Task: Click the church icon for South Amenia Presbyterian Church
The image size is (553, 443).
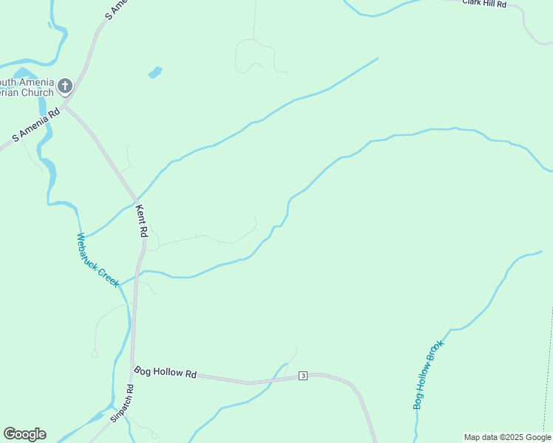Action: (x=65, y=86)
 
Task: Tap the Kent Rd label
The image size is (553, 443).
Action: (x=143, y=221)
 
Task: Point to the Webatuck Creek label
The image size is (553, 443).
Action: (x=98, y=260)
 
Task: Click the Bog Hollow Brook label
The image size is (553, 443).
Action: (x=429, y=374)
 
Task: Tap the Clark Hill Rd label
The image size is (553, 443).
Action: (x=484, y=3)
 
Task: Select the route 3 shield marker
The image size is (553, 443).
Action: (x=303, y=376)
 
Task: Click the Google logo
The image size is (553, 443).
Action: (x=24, y=434)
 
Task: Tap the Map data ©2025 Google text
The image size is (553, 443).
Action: (x=507, y=437)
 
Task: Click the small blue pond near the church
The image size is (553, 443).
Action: (x=155, y=72)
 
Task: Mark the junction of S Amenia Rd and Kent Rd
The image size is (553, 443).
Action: (x=66, y=106)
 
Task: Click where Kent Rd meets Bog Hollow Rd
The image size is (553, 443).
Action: (x=134, y=368)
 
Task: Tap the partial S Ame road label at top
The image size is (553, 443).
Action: (x=116, y=9)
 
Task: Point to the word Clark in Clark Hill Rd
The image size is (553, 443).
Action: (x=473, y=2)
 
